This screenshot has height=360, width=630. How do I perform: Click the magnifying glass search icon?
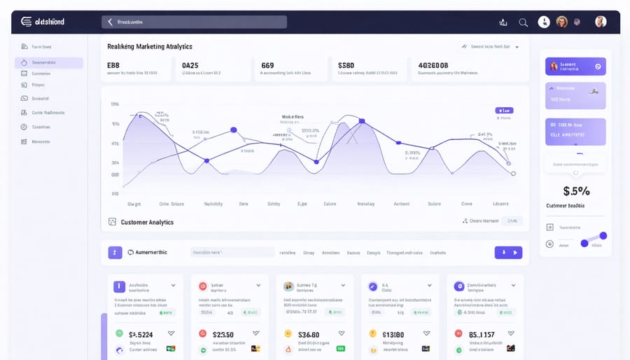coord(523,22)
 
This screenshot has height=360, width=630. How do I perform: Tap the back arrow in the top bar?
coord(110,22)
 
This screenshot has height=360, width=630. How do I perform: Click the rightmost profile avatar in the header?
coord(601,22)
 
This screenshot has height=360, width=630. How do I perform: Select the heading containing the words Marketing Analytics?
coord(150,46)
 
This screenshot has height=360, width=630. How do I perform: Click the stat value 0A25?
coord(190,65)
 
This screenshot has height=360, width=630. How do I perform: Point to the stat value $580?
coord(346,65)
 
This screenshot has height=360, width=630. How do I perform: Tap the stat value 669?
coord(267,65)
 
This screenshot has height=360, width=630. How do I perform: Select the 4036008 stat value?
coord(433,65)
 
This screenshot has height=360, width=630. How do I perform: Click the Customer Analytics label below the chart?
coord(147,222)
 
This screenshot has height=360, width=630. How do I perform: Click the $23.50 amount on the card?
coord(223,335)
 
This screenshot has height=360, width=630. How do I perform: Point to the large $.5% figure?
coord(576,191)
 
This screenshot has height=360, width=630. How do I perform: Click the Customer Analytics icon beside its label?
coord(112,222)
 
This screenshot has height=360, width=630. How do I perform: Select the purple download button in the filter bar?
coord(507,252)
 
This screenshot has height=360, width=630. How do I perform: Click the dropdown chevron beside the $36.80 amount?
coord(341,334)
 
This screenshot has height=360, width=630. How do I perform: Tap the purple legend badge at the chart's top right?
coord(504,110)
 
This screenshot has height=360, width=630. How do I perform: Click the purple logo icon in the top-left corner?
coord(27,22)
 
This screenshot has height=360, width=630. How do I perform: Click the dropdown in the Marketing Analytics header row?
coord(490,47)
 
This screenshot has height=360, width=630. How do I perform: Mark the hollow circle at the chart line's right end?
coord(513,173)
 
